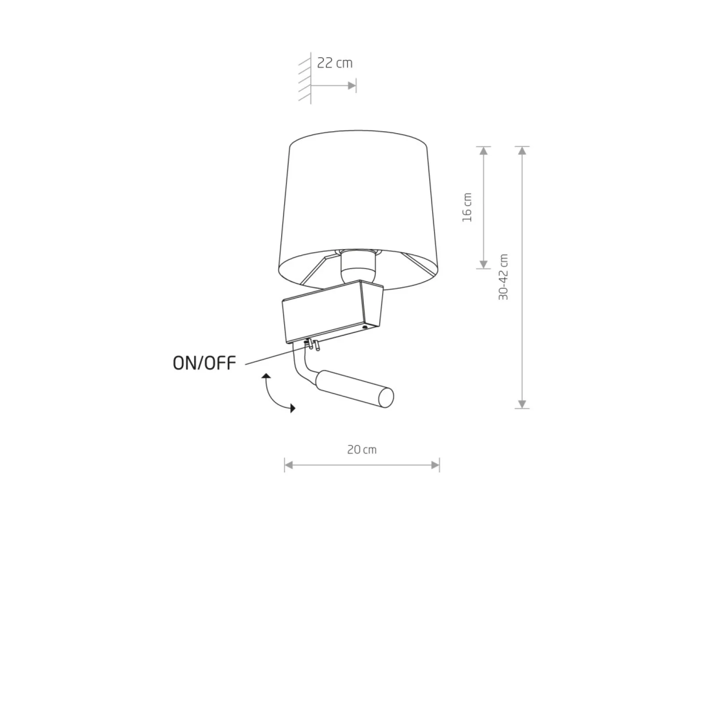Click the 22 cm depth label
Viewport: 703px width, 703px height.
coord(335,63)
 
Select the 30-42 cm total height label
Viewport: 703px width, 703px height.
coord(504,277)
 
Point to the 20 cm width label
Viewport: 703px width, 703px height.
coord(362,449)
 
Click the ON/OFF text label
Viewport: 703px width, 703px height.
coord(204,363)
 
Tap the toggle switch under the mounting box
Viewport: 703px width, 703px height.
coord(312,344)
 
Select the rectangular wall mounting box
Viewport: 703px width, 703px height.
coord(332,312)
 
